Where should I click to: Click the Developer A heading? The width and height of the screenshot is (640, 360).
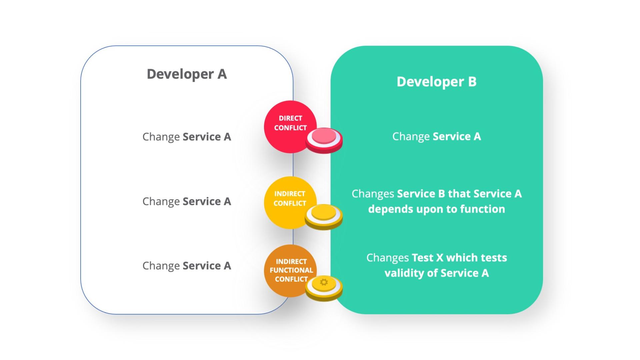(187, 74)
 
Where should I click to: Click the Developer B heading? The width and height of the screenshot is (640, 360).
(436, 82)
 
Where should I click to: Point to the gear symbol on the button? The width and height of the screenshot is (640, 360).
(324, 282)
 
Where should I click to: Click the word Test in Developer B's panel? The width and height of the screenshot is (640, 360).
(422, 258)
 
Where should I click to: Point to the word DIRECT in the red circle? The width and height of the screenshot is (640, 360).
(290, 118)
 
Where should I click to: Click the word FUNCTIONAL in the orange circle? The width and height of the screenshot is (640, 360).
(291, 270)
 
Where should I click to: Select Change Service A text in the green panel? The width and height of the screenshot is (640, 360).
(436, 136)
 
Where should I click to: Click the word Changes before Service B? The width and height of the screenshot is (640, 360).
(373, 194)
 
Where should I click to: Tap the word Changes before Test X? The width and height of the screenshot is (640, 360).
(387, 258)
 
